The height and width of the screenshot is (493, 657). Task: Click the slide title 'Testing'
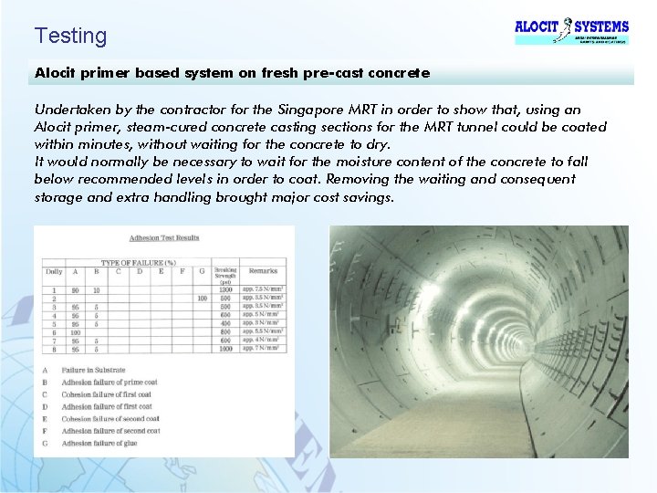pyautogui.click(x=70, y=37)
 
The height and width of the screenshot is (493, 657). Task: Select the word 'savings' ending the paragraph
pyautogui.click(x=361, y=196)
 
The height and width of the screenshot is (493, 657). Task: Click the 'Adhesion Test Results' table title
pyautogui.click(x=163, y=238)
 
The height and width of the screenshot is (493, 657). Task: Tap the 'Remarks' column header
pyautogui.click(x=263, y=271)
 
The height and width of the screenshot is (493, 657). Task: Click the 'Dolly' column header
pyautogui.click(x=54, y=271)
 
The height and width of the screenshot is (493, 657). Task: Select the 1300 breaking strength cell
pyautogui.click(x=224, y=289)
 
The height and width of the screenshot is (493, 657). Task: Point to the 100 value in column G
pyautogui.click(x=201, y=299)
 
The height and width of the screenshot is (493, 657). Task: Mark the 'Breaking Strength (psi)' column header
pyautogui.click(x=224, y=275)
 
